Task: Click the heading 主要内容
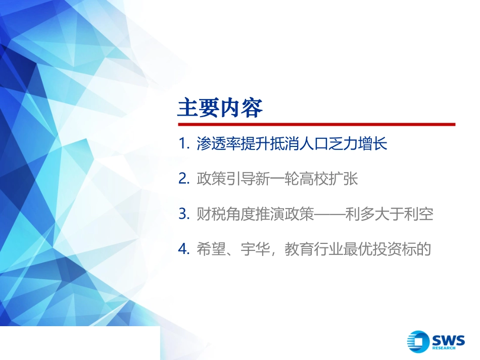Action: (x=220, y=108)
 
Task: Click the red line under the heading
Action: (x=316, y=124)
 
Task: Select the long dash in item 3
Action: (x=330, y=214)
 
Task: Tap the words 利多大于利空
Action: (x=389, y=214)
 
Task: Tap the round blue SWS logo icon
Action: (x=418, y=341)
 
